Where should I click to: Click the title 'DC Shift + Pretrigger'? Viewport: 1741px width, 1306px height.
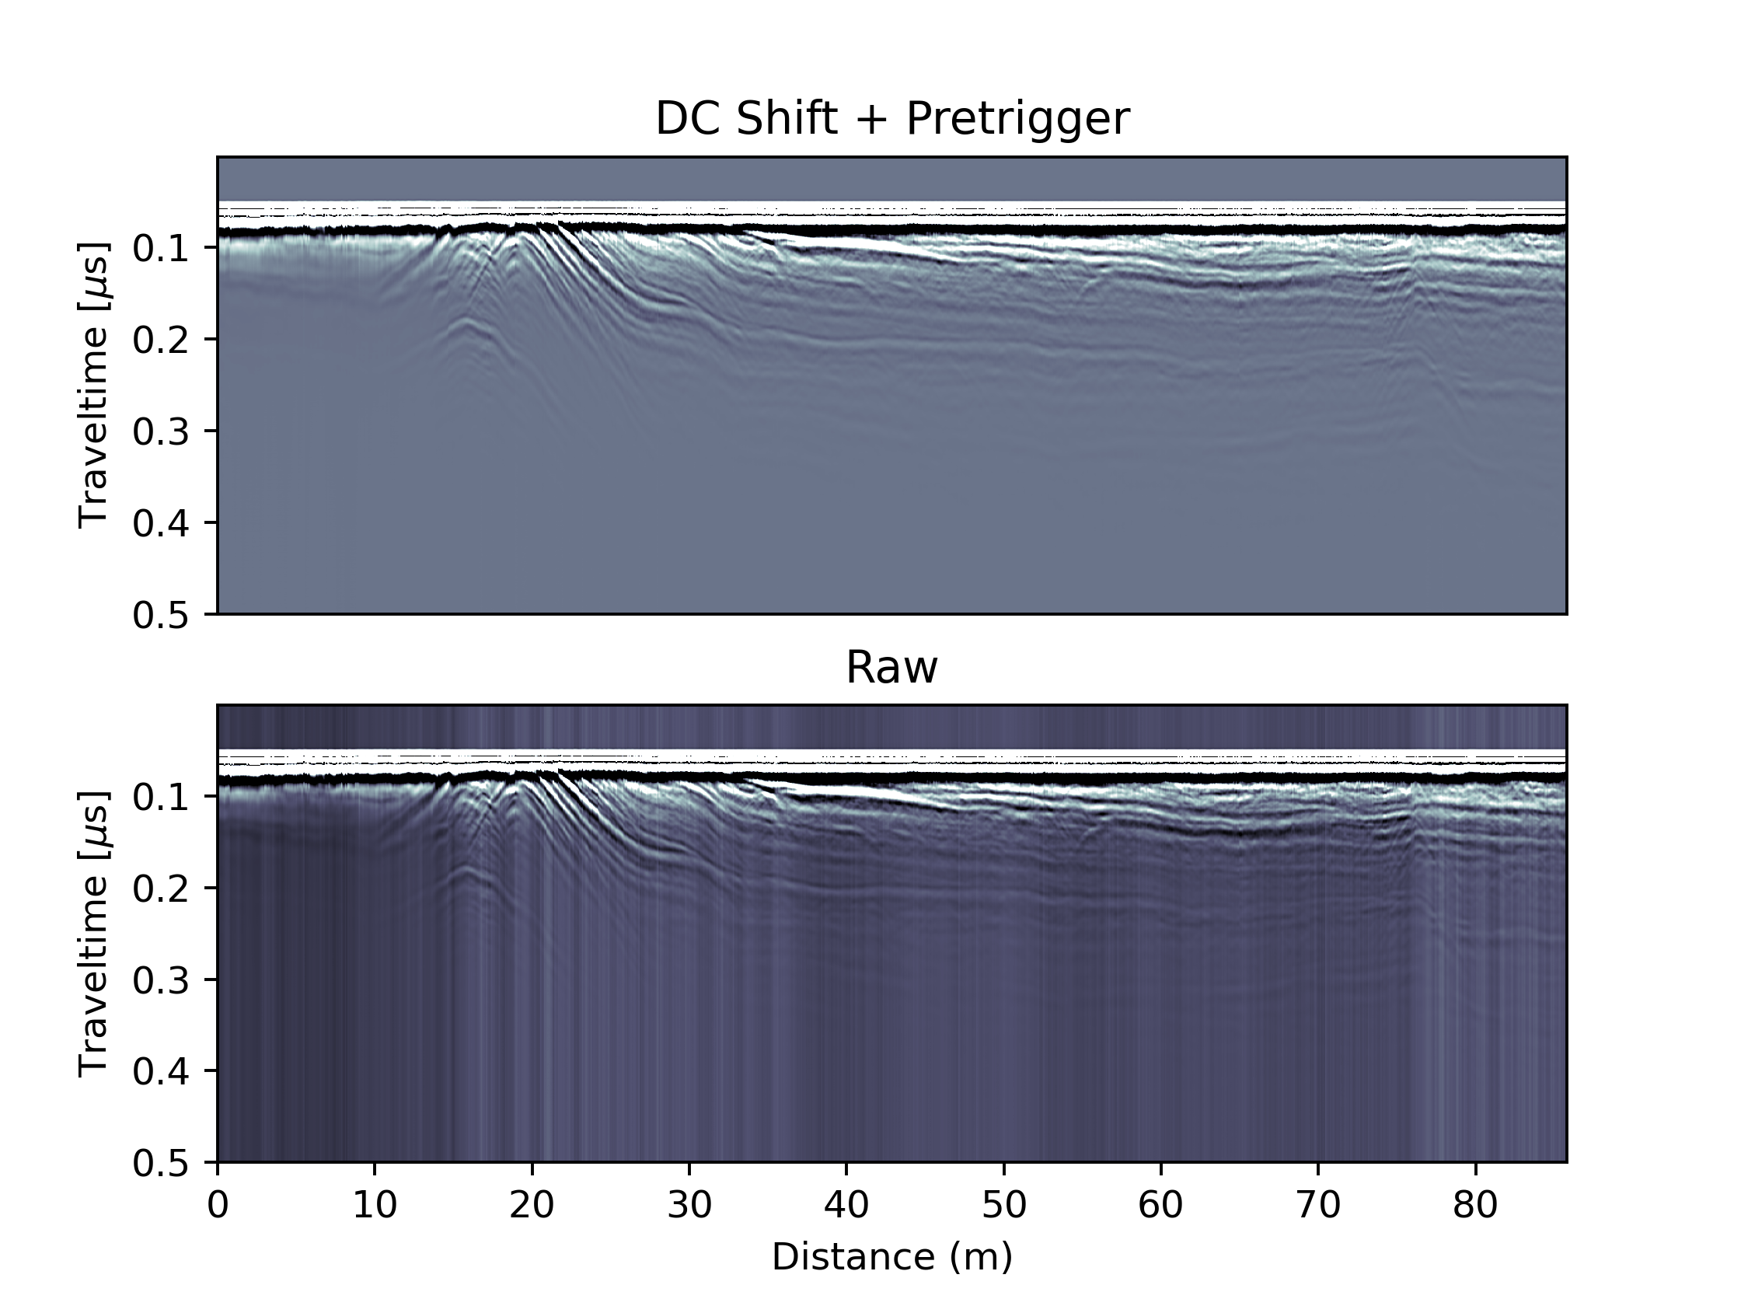pyautogui.click(x=891, y=119)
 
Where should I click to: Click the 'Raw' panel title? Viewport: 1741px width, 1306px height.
pyautogui.click(x=891, y=668)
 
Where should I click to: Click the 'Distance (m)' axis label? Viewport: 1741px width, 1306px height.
pyautogui.click(x=891, y=1256)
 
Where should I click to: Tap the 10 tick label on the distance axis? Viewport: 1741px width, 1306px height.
pyautogui.click(x=375, y=1205)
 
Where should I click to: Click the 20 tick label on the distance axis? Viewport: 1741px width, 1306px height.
pyautogui.click(x=532, y=1205)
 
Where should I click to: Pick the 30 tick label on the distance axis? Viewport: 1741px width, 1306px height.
pyautogui.click(x=689, y=1205)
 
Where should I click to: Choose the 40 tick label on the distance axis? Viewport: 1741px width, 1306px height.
pyautogui.click(x=847, y=1205)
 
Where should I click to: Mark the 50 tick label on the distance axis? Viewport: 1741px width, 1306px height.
pyautogui.click(x=1004, y=1205)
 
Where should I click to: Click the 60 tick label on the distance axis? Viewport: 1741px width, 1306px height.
pyautogui.click(x=1161, y=1205)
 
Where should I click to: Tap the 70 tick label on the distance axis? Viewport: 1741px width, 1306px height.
pyautogui.click(x=1318, y=1205)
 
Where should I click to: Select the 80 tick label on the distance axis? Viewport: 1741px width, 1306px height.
pyautogui.click(x=1476, y=1205)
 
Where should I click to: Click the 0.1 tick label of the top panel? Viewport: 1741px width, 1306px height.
pyautogui.click(x=161, y=249)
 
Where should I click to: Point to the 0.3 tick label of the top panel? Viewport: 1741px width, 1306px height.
pyautogui.click(x=161, y=432)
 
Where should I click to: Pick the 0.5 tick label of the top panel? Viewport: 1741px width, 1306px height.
pyautogui.click(x=161, y=616)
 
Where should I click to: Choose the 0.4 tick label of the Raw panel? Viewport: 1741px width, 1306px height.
pyautogui.click(x=161, y=1072)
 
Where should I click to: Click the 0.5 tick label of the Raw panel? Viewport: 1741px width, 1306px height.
pyautogui.click(x=161, y=1164)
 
